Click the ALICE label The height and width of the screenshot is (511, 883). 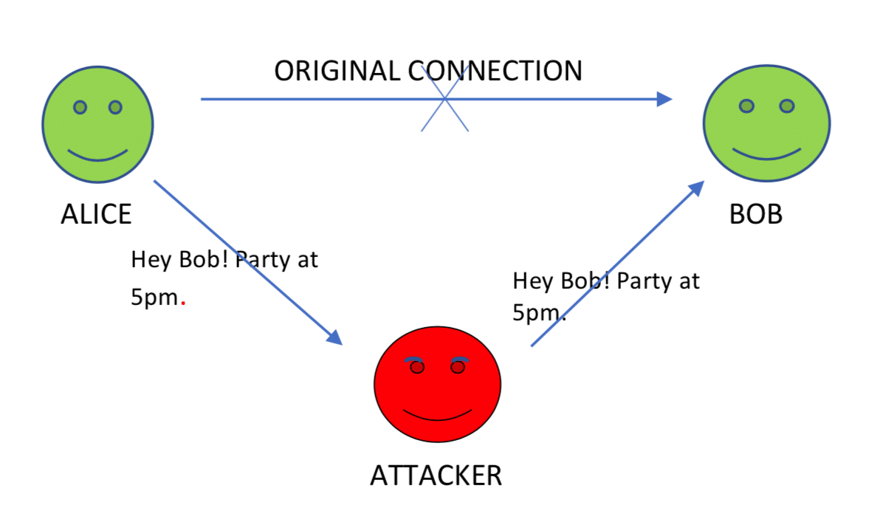(96, 214)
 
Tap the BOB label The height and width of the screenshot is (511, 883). (755, 214)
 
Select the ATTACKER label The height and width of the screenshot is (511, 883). (436, 476)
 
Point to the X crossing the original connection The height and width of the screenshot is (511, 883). (444, 99)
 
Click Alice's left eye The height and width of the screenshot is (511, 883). (80, 108)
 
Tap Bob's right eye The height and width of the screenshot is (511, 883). (787, 106)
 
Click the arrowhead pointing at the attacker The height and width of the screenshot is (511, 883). (334, 337)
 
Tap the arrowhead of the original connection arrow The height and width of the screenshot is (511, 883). (664, 99)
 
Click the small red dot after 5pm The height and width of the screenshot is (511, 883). (183, 303)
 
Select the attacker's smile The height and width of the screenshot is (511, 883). (438, 415)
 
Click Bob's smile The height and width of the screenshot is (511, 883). (766, 155)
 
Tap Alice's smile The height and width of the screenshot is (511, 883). (97, 156)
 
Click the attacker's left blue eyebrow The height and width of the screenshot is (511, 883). (415, 360)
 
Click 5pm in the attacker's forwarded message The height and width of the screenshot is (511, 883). (535, 312)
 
